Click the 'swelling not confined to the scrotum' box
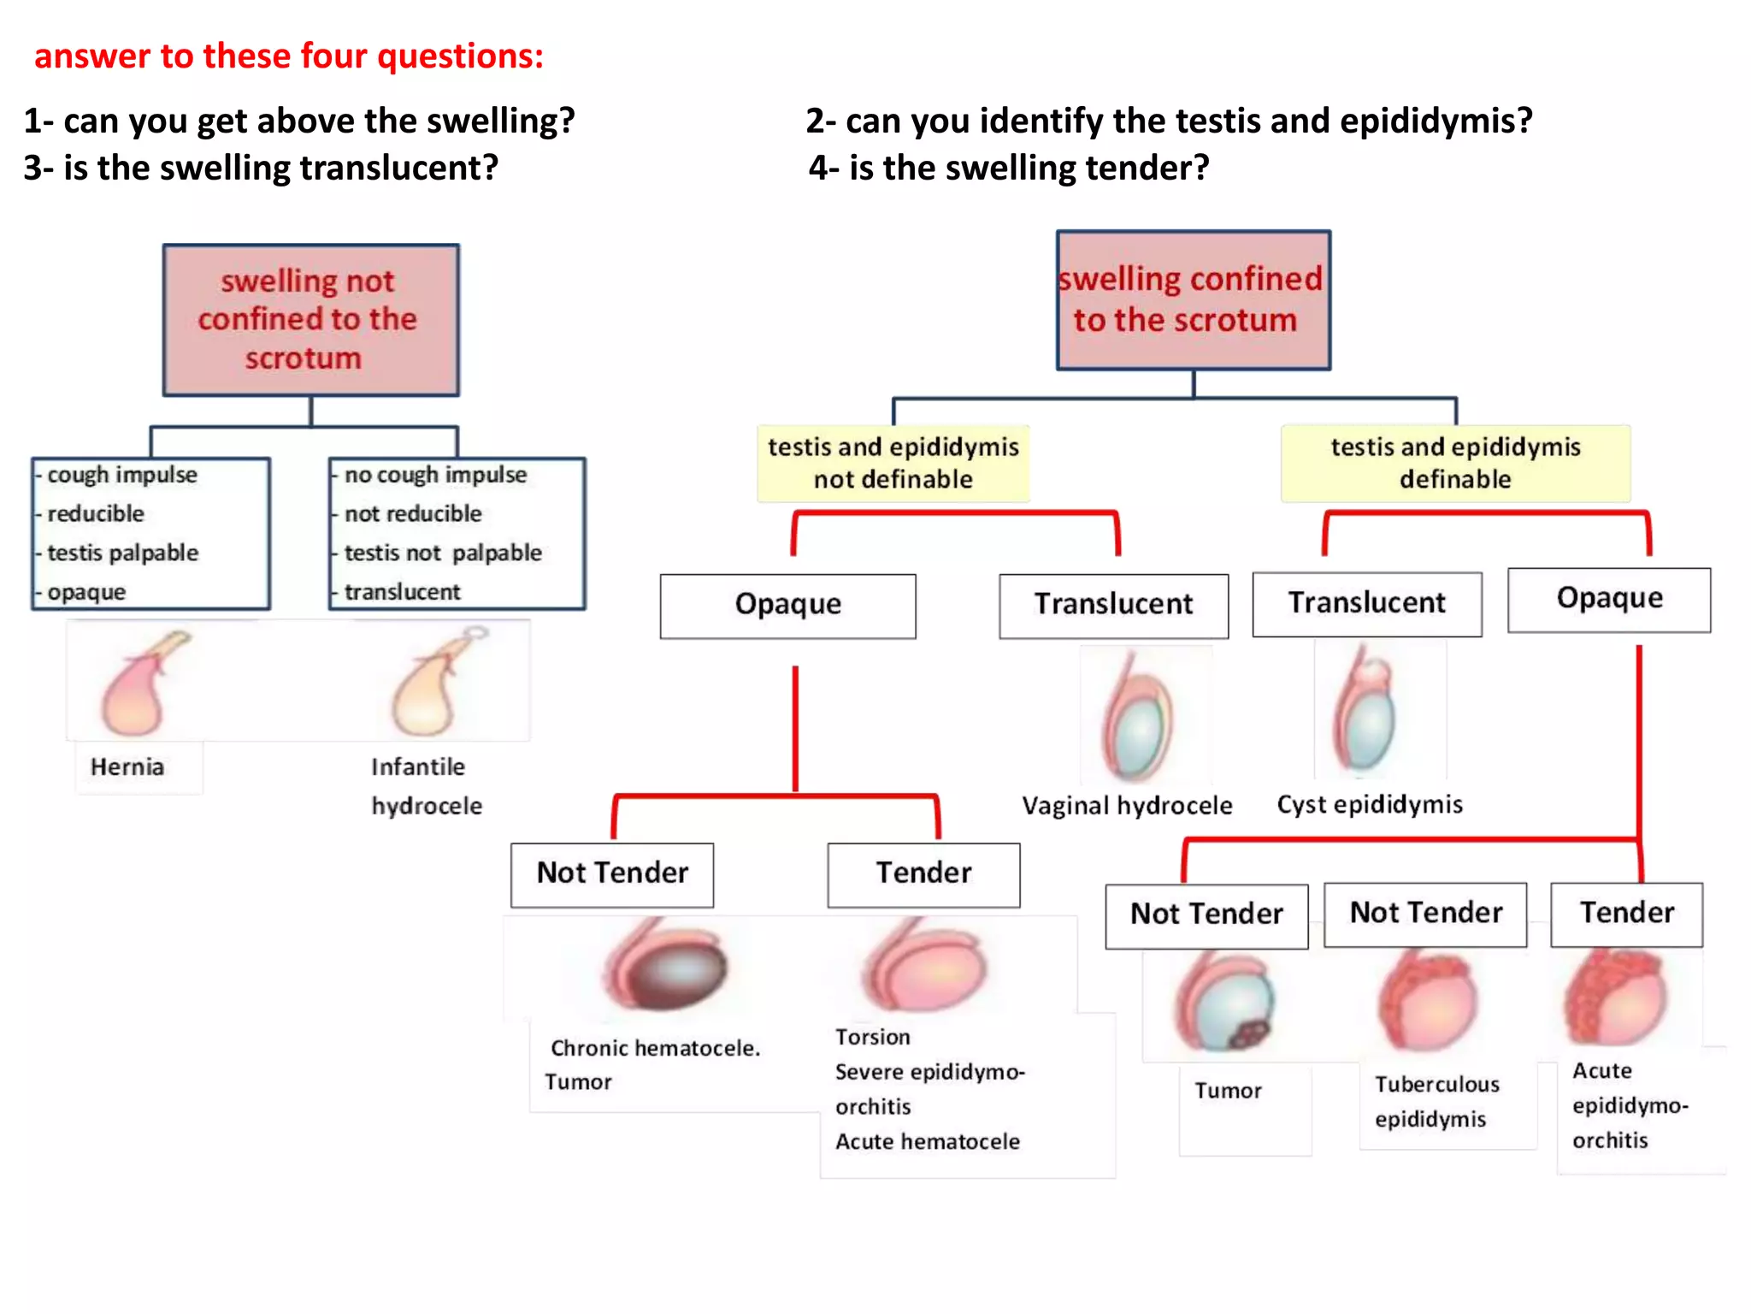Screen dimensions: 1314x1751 [310, 320]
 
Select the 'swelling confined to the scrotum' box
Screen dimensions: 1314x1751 [1193, 299]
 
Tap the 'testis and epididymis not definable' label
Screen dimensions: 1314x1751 [893, 463]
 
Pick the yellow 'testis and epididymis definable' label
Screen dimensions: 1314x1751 [1455, 463]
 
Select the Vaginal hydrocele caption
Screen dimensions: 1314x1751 [1127, 805]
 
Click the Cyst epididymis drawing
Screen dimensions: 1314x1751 [1366, 710]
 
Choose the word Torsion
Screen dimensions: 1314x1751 [872, 1037]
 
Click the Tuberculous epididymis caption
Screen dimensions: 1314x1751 [1436, 1101]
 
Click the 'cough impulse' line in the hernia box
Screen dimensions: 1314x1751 [121, 475]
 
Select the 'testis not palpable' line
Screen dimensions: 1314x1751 [442, 553]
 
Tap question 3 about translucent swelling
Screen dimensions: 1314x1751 [261, 168]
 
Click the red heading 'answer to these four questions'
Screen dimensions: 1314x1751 [289, 56]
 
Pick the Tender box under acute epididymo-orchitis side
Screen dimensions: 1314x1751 [1626, 914]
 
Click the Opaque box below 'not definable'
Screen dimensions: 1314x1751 [787, 606]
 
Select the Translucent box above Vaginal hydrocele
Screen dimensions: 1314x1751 [1113, 606]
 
